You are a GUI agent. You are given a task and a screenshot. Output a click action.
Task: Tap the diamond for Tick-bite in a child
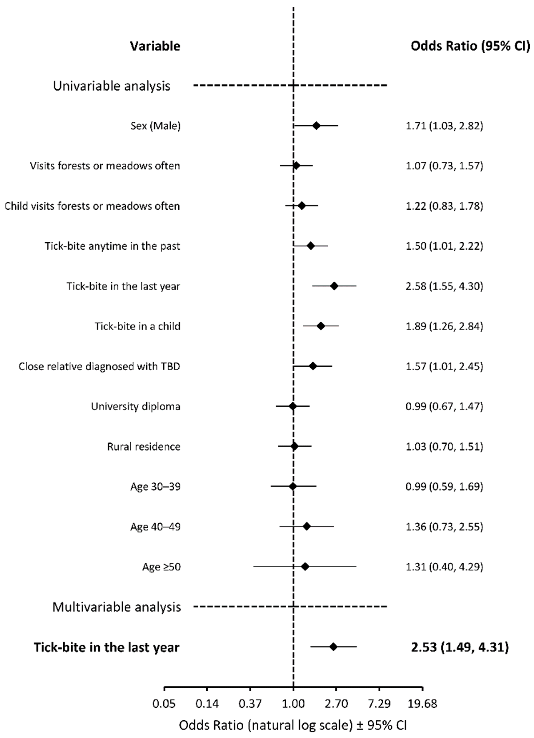[321, 326]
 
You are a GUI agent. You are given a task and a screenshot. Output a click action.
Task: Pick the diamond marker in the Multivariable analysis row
[333, 647]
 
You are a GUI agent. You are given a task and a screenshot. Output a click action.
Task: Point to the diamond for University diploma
[293, 406]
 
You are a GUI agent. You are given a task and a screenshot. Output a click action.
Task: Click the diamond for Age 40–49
[307, 526]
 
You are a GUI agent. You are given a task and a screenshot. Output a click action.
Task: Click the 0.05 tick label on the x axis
[164, 704]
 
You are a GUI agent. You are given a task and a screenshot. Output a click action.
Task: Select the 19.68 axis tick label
[422, 704]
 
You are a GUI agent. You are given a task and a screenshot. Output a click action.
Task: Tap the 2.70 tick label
[336, 704]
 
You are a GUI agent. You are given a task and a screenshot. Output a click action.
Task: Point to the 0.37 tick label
[250, 704]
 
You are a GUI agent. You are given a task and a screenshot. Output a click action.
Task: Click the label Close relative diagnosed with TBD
[99, 366]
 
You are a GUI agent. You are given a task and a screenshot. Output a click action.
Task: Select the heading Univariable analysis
[112, 86]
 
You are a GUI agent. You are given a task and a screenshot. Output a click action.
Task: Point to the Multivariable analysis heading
[116, 607]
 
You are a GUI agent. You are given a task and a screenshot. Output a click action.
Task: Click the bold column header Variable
[155, 46]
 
